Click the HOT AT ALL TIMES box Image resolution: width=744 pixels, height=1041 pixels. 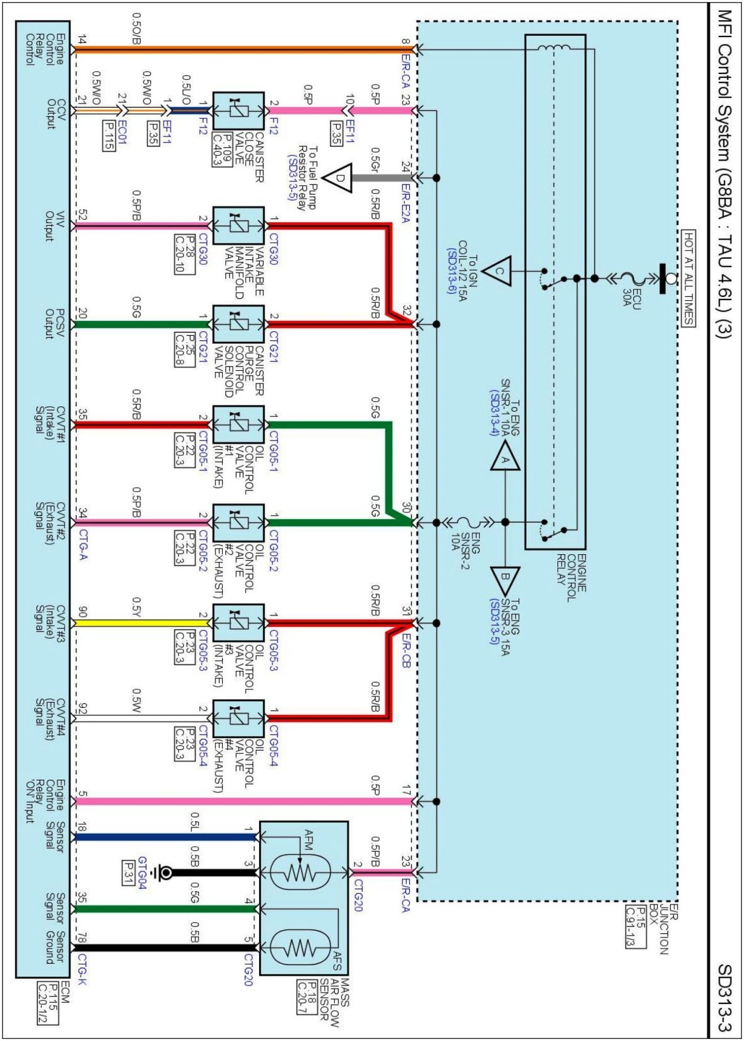(x=688, y=278)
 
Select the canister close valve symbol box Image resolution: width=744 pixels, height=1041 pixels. (x=239, y=111)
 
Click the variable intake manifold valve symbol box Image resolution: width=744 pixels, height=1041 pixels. (x=239, y=226)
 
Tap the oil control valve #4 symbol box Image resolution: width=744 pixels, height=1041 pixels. (x=239, y=719)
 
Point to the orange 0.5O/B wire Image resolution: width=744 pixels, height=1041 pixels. (x=242, y=50)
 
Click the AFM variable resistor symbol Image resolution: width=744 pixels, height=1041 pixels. (x=299, y=873)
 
